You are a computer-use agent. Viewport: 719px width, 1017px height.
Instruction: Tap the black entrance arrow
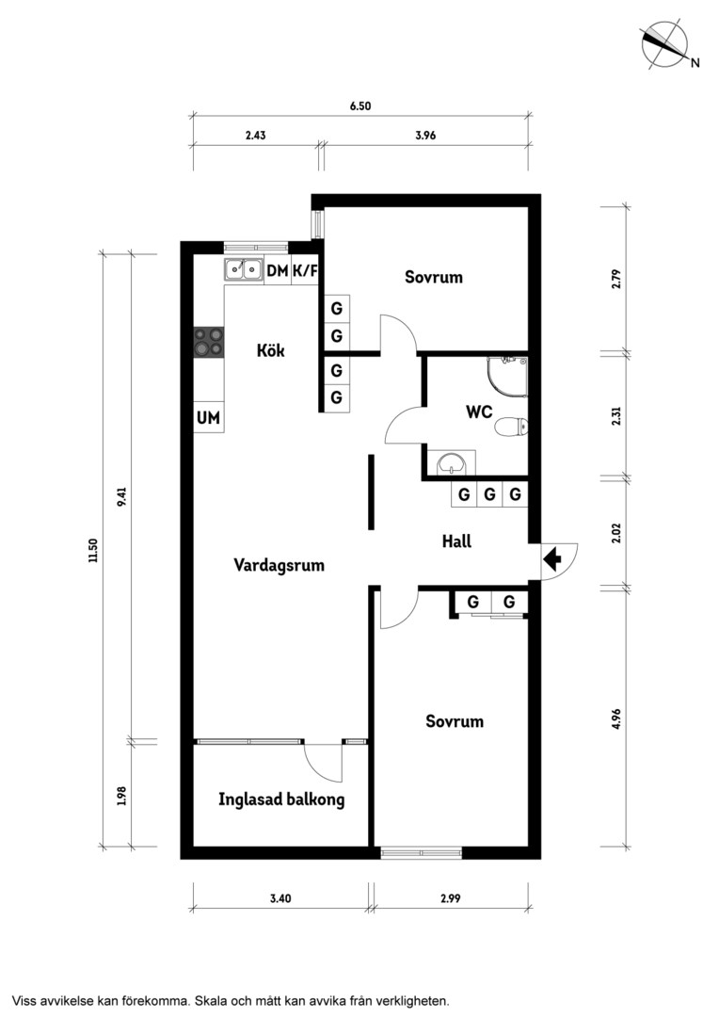[552, 557]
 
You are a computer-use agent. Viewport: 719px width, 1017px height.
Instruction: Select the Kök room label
[270, 350]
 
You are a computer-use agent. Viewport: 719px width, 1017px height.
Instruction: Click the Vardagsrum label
[279, 565]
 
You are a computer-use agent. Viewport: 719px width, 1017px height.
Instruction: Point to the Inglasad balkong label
[281, 799]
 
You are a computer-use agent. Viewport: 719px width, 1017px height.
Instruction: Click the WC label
[479, 412]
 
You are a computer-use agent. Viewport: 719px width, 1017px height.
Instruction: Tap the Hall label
[456, 541]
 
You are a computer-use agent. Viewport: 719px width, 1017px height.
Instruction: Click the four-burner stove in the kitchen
[209, 342]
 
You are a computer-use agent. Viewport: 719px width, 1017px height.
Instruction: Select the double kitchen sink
[243, 269]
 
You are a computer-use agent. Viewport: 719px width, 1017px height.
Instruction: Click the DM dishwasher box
[277, 270]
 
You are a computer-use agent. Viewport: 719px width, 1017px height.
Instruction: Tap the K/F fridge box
[305, 270]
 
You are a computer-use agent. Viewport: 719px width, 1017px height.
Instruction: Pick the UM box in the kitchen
[209, 418]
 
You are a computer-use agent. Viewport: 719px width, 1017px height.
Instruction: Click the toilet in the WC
[512, 427]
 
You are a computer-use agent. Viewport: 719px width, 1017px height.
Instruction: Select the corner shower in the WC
[507, 376]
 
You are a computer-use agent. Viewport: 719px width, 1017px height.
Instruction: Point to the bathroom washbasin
[451, 463]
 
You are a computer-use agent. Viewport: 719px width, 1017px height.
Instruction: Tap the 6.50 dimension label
[360, 105]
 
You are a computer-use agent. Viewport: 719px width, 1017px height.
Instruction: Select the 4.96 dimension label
[615, 718]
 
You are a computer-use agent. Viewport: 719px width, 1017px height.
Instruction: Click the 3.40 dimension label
[280, 898]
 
